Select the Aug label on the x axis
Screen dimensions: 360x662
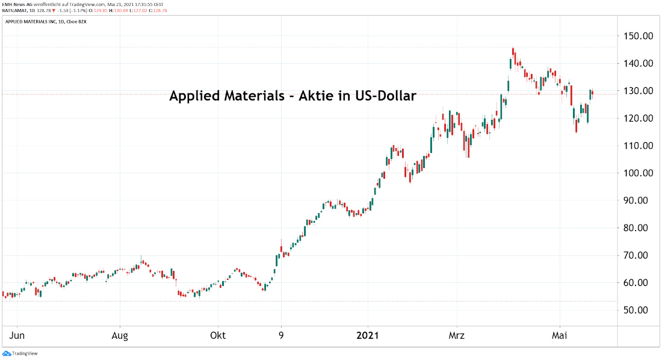click(120, 335)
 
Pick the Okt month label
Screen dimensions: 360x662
click(218, 335)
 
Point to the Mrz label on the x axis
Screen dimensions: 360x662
click(457, 335)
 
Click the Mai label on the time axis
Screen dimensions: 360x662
click(560, 335)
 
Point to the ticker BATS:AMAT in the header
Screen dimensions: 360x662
click(16, 10)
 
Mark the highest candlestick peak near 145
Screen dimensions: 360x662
click(513, 49)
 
